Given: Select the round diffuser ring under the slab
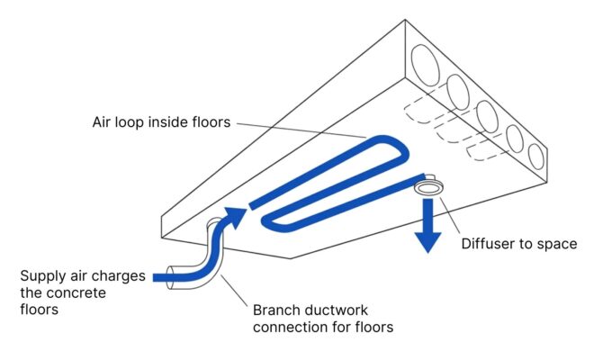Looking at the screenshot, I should click(x=427, y=187).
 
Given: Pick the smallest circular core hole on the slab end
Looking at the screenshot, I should click(x=536, y=156).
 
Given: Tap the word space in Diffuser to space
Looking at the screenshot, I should click(x=555, y=243).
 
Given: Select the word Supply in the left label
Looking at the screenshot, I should click(x=43, y=275).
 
